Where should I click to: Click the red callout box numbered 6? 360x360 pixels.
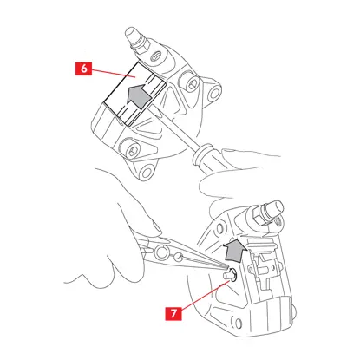[x=83, y=69]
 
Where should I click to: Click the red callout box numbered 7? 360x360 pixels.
[x=173, y=312]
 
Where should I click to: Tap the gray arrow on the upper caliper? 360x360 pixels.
[x=140, y=95]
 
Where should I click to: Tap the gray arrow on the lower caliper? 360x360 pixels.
[x=235, y=250]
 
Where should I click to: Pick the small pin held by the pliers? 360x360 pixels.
[x=231, y=274]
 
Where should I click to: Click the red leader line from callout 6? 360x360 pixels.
[x=114, y=73]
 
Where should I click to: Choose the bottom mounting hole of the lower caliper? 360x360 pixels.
[x=238, y=324]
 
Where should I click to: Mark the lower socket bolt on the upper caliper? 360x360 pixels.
[x=133, y=150]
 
